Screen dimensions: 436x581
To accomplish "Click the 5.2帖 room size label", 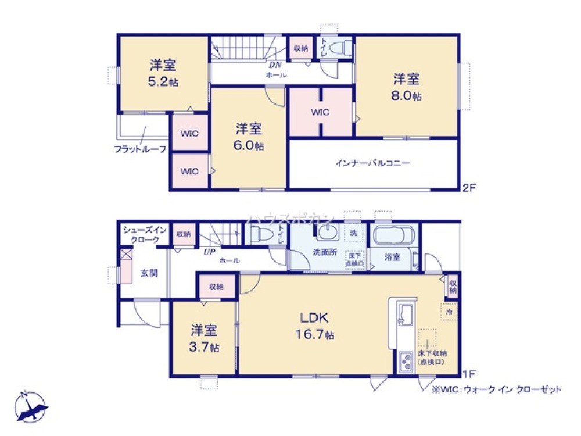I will (x=163, y=81).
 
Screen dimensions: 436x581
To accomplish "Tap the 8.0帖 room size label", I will (x=406, y=95).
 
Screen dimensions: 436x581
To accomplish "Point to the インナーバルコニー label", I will (x=372, y=163).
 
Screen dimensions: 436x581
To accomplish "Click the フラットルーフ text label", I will (x=140, y=149).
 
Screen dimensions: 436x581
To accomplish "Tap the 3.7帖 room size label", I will (x=204, y=347).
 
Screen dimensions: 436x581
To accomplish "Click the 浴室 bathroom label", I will (x=393, y=257).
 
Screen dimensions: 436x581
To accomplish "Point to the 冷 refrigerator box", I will (x=449, y=312).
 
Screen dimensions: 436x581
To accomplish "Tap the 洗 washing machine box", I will (x=353, y=233).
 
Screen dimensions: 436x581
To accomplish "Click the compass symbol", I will (x=29, y=406).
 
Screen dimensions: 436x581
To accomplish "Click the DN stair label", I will (x=275, y=65).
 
